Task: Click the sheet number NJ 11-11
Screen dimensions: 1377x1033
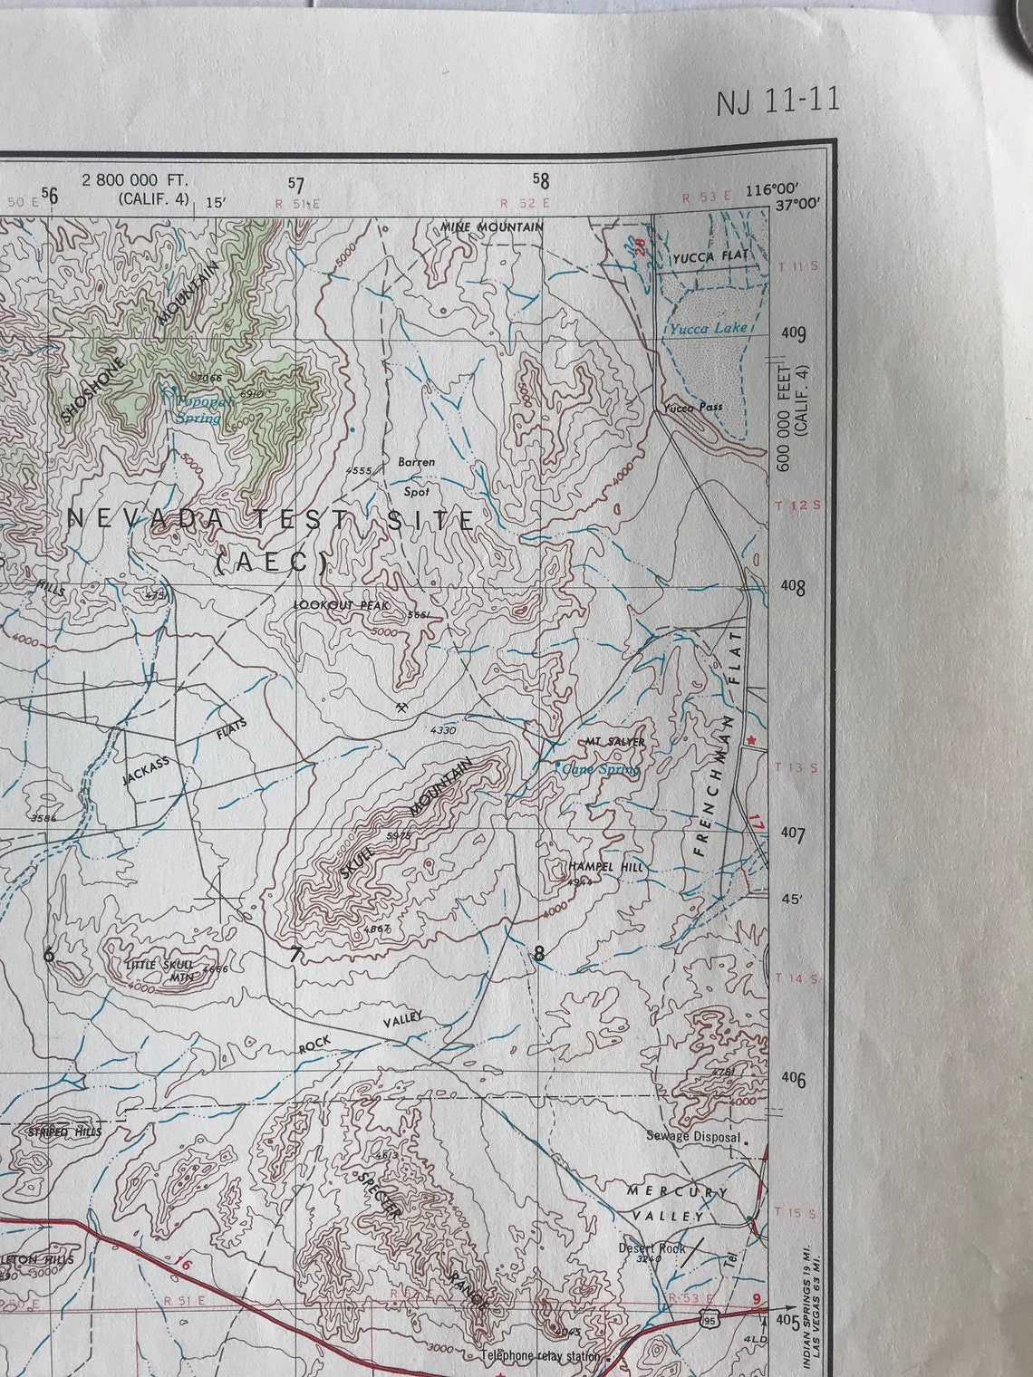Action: (x=777, y=101)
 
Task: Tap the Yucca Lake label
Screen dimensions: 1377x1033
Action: (x=709, y=328)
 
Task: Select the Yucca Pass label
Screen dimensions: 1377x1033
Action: (x=693, y=408)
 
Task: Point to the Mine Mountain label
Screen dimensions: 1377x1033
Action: (x=492, y=226)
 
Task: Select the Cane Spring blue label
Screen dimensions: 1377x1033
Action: (x=601, y=769)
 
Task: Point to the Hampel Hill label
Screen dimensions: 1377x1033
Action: (x=605, y=867)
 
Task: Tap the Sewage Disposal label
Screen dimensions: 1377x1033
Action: (x=693, y=1136)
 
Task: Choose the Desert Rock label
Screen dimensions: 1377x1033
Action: (x=652, y=1247)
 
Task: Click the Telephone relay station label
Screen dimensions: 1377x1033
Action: (x=540, y=1356)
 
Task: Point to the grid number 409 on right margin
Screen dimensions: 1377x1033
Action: (x=793, y=334)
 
